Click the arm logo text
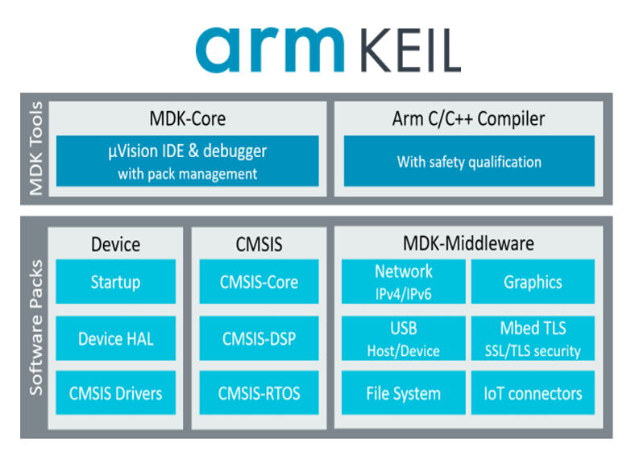[270, 49]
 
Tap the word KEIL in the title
[410, 50]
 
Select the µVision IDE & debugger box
[187, 161]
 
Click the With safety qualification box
[469, 161]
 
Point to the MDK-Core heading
[188, 118]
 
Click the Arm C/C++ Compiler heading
[468, 119]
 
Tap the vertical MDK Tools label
[36, 148]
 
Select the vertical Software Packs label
[36, 327]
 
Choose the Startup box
[115, 281]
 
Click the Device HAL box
[115, 338]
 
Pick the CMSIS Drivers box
[115, 393]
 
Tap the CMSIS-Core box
[259, 281]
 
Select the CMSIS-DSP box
[259, 338]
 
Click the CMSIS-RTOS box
[259, 393]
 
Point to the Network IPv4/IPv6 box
[403, 281]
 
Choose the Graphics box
[533, 281]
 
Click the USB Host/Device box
[403, 338]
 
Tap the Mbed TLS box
[533, 338]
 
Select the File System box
[403, 393]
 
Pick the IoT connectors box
[533, 393]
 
